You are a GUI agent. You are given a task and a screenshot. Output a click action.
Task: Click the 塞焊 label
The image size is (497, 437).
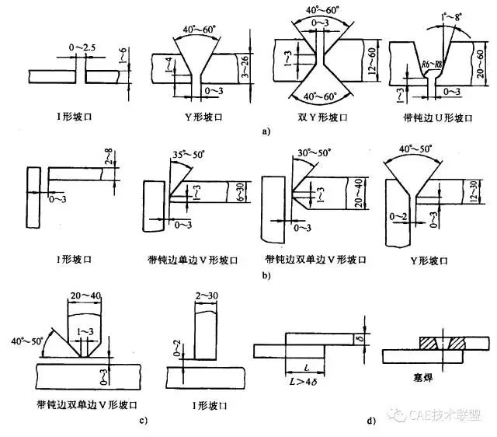point(423,373)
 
